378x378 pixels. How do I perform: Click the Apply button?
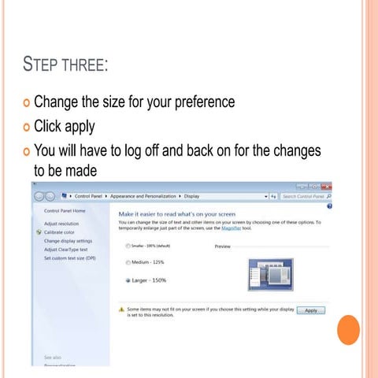tap(310, 310)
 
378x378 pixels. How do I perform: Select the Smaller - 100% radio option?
tap(128, 246)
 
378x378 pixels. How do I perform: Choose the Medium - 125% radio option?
tap(128, 262)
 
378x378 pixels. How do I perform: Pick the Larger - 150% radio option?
tap(128, 280)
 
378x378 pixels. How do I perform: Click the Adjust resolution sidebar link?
tap(61, 224)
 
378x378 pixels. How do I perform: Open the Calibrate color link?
tap(60, 232)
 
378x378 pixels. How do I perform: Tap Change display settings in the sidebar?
tap(69, 241)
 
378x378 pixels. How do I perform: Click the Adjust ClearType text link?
tap(66, 250)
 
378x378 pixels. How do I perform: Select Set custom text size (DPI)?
tap(70, 258)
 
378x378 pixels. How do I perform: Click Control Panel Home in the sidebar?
tap(65, 210)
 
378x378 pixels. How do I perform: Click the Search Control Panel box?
tap(306, 195)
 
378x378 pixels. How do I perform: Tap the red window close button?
tap(326, 186)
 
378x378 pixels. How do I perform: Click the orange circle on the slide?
tap(347, 328)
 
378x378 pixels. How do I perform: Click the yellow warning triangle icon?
tap(122, 310)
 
